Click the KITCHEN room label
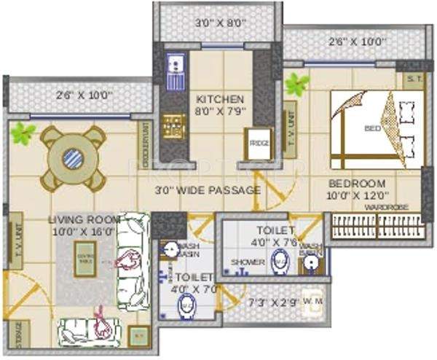pyautogui.click(x=220, y=99)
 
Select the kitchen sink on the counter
pyautogui.click(x=176, y=66)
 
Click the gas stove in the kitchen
pyautogui.click(x=173, y=126)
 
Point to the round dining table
pyautogui.click(x=72, y=158)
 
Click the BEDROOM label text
pyautogui.click(x=356, y=184)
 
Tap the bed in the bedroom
pyautogui.click(x=375, y=129)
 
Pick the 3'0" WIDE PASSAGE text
pyautogui.click(x=208, y=191)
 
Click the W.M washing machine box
pyautogui.click(x=314, y=301)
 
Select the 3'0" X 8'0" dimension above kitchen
pyautogui.click(x=221, y=23)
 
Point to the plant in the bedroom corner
pyautogui.click(x=296, y=84)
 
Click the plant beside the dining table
pyautogui.click(x=23, y=133)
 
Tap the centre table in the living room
pyautogui.click(x=86, y=260)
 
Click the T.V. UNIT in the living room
pyautogui.click(x=16, y=243)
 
